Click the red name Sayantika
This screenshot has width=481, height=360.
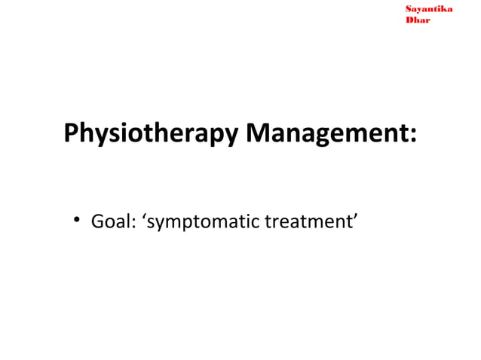(428, 9)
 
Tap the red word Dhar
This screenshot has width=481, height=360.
(418, 20)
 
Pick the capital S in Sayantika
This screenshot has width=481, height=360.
(409, 9)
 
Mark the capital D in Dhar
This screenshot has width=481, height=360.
(409, 20)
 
